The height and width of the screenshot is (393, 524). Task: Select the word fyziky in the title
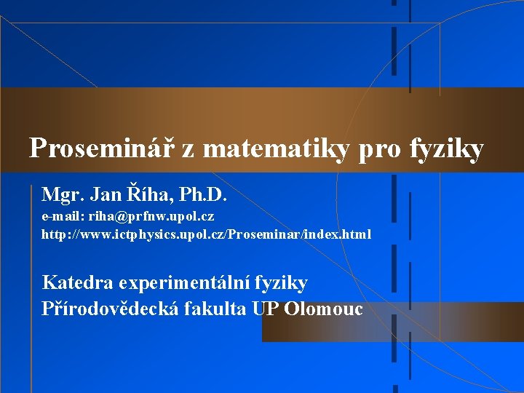[447, 150]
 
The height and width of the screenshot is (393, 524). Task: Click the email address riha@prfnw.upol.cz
[151, 217]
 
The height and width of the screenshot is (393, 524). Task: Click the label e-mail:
[63, 217]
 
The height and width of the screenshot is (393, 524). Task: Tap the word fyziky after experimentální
[283, 284]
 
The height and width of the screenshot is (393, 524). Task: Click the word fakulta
[216, 309]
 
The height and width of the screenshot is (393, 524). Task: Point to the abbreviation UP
[266, 309]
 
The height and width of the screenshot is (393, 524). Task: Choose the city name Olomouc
[323, 309]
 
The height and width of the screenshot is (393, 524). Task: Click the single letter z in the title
[188, 150]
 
